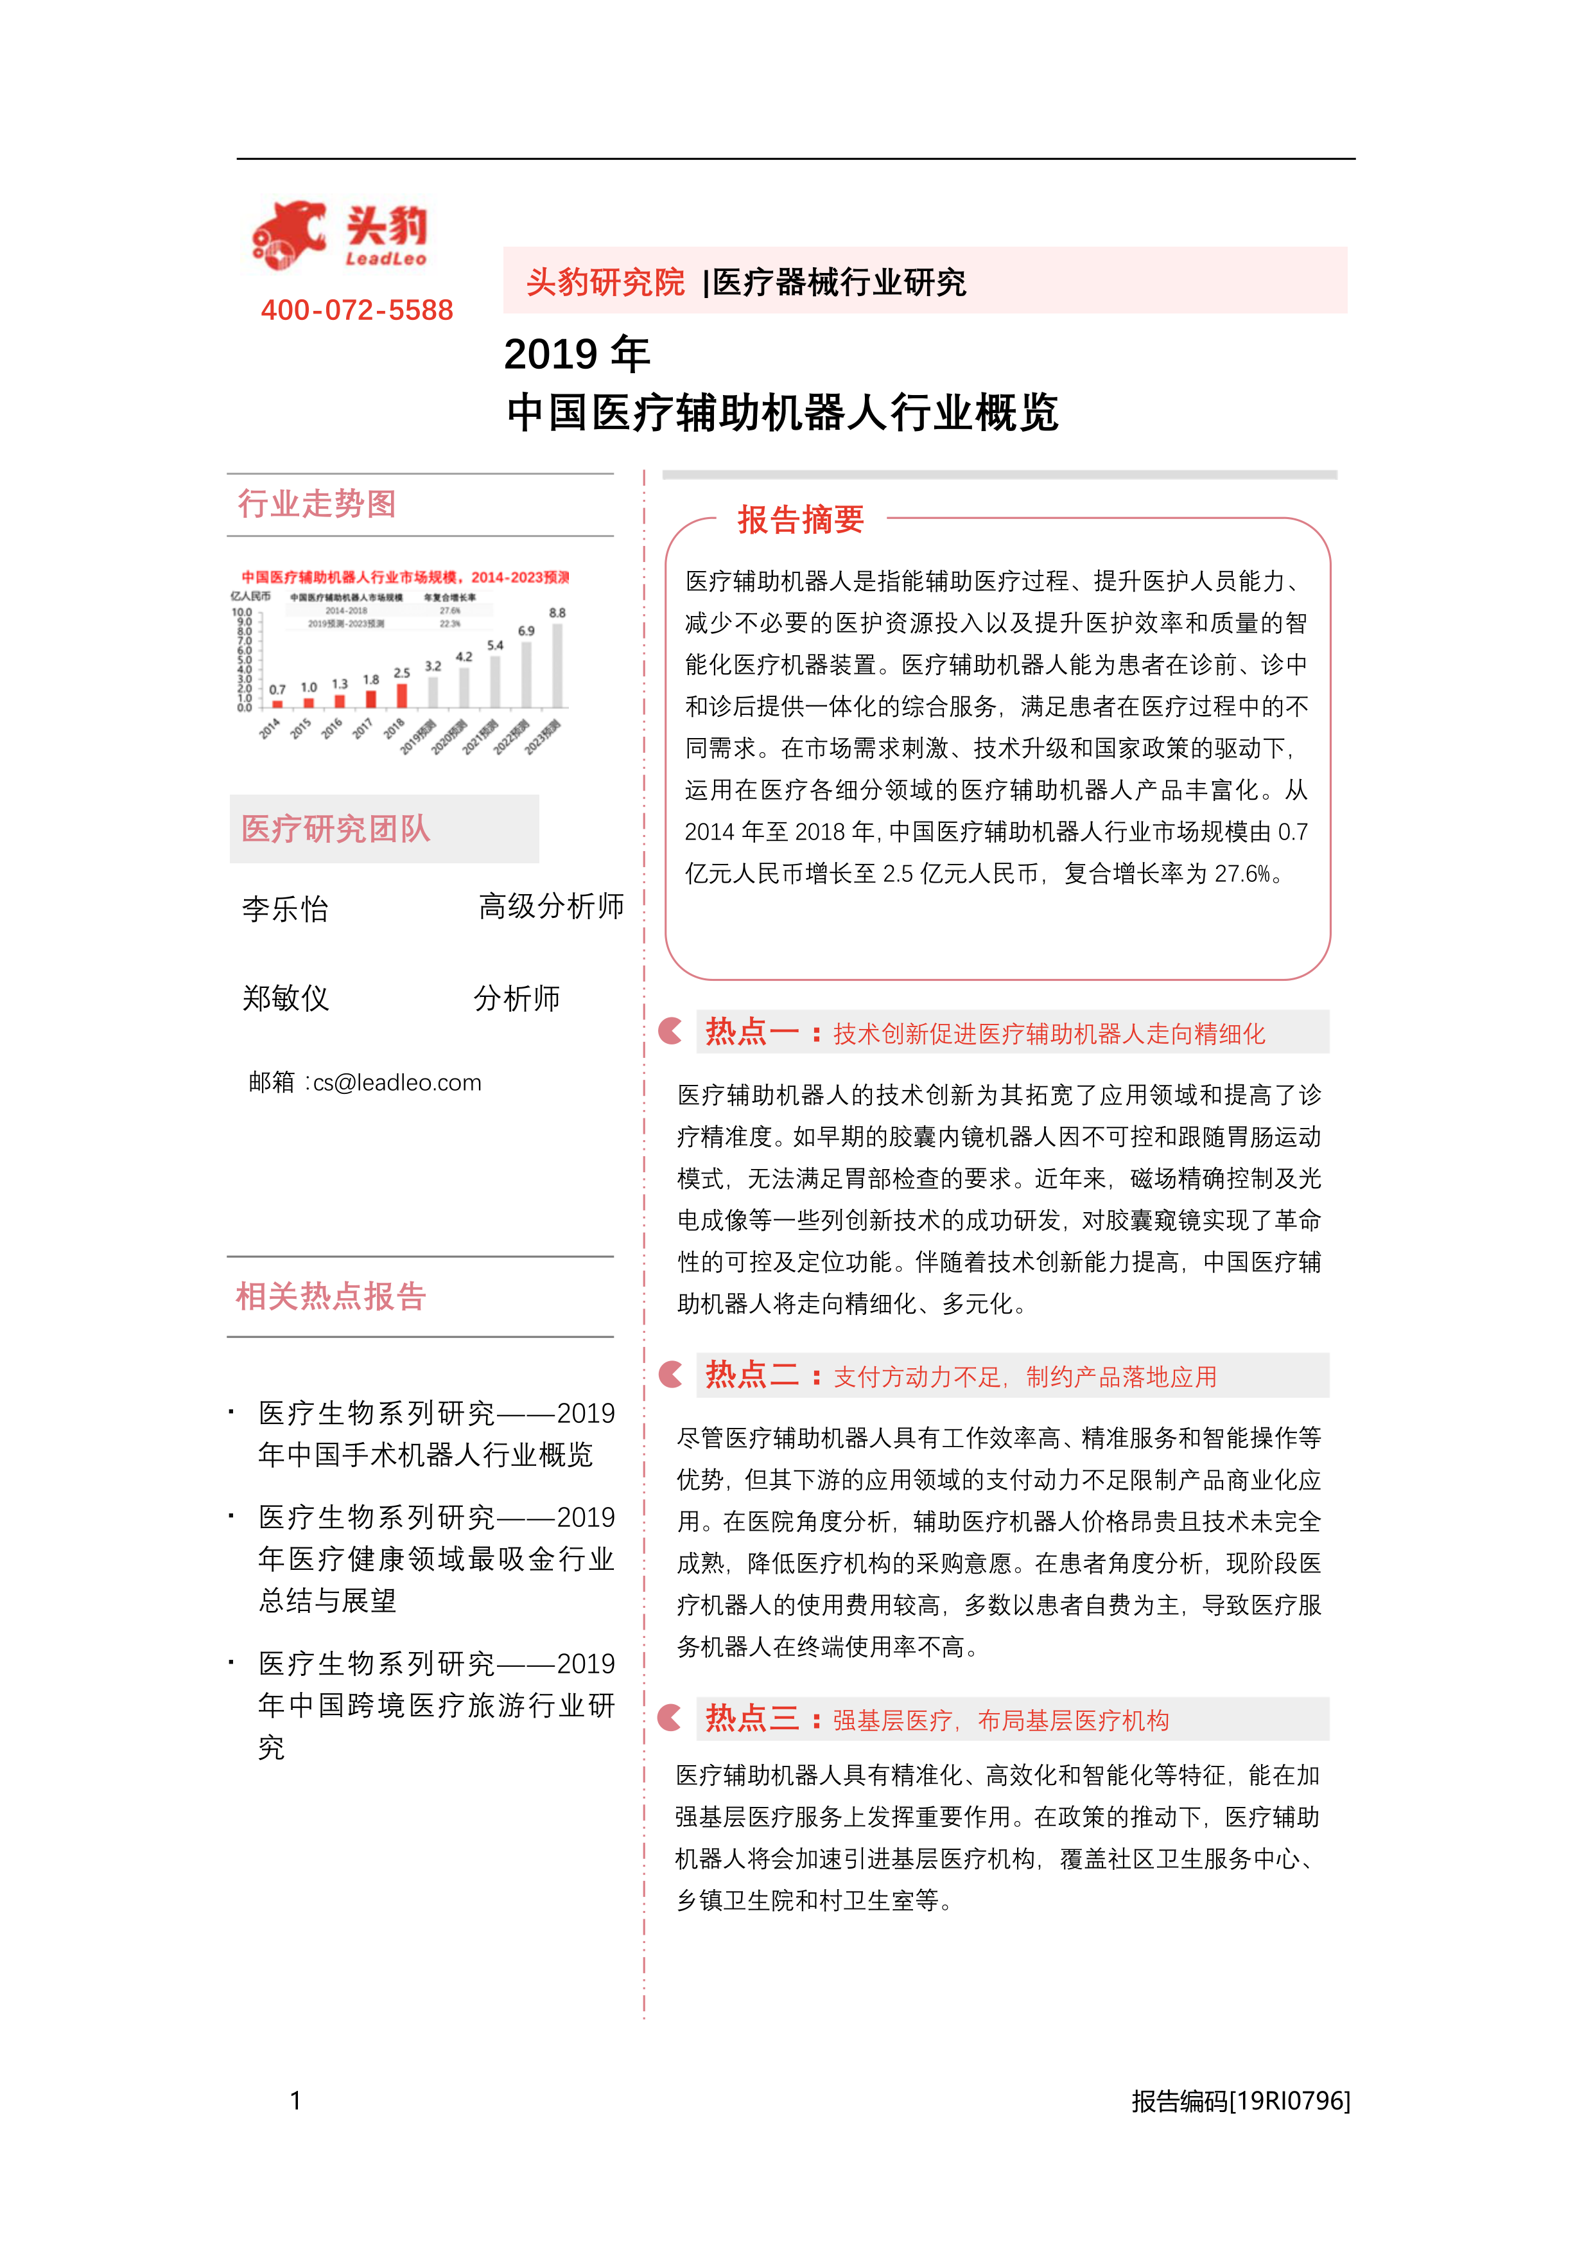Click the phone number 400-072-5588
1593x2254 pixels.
tap(356, 310)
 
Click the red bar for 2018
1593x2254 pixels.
tap(401, 695)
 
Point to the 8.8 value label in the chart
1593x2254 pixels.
tap(557, 613)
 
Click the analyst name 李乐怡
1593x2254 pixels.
tap(286, 909)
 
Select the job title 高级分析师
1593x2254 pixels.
tap(551, 906)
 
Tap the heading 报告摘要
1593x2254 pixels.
tap(801, 519)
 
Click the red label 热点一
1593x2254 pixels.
tap(751, 1032)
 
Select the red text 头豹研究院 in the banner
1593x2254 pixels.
tap(605, 282)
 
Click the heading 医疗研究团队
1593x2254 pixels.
tap(336, 829)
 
